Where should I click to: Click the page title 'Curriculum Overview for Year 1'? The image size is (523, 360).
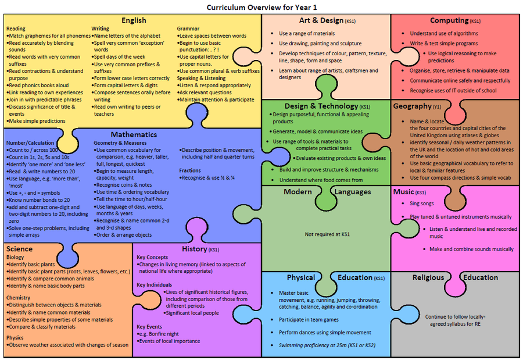coord(261,8)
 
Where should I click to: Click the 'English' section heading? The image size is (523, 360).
coord(134,20)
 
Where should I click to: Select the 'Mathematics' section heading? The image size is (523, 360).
coord(134,134)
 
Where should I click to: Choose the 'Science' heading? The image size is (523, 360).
coord(19,249)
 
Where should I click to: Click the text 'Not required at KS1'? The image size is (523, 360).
coord(327,234)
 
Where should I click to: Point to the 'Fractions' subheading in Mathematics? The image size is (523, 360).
coord(190,170)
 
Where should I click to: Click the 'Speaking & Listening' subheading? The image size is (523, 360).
coord(201,78)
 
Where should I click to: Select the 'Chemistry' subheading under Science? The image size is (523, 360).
coord(19,298)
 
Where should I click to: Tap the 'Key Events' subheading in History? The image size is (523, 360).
coord(149,327)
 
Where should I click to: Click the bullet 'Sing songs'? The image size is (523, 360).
coord(422,204)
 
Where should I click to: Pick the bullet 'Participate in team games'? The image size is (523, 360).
coord(309,320)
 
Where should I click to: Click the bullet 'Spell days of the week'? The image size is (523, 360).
coord(119,57)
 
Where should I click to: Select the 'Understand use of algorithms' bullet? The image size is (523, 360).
coord(443,33)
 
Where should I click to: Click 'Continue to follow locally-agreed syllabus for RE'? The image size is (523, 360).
coord(455,320)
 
